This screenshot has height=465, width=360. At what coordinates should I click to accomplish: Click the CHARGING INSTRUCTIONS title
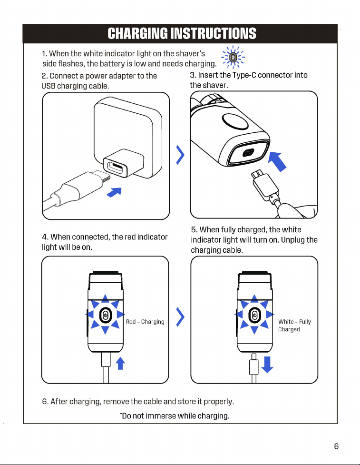tap(182, 33)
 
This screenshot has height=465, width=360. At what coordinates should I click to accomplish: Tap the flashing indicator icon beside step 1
tap(233, 57)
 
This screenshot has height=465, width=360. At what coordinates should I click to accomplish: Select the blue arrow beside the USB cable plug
tap(114, 192)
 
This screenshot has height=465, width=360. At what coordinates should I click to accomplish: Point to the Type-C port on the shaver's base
tap(248, 153)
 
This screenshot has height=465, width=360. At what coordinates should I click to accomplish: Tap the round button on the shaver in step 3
tap(235, 121)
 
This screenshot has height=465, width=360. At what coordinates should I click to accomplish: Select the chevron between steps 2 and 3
tap(180, 155)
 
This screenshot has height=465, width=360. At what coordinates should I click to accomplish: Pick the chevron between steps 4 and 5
tap(180, 317)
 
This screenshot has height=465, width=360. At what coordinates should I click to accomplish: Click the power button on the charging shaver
tap(105, 315)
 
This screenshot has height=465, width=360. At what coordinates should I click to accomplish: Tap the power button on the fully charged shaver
tap(254, 315)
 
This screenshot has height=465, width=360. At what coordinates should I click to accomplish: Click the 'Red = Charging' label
tap(145, 322)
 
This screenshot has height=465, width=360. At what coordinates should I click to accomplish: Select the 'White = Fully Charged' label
tap(294, 326)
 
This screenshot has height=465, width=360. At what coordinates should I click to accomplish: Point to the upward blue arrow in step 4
tap(120, 363)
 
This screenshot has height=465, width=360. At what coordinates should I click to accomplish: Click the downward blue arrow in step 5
tap(267, 365)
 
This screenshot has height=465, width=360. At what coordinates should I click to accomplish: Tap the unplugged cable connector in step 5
tap(253, 365)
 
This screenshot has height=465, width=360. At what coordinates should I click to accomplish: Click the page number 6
tap(336, 446)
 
